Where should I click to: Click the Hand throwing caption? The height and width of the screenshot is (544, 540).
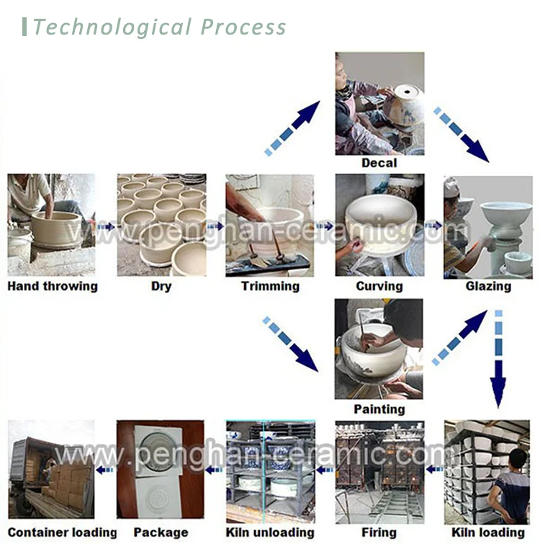[x=53, y=286]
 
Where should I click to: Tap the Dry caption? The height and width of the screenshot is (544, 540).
[x=161, y=286]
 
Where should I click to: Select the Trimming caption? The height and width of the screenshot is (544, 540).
[x=270, y=286]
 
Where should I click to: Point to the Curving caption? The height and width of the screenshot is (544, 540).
[x=379, y=286]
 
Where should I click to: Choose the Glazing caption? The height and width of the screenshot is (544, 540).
[x=487, y=286]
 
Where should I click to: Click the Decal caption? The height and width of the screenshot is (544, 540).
[x=379, y=163]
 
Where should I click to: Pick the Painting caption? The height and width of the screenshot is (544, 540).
[x=379, y=409]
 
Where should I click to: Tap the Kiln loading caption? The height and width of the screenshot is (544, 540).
[x=487, y=532]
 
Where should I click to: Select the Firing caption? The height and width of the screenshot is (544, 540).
[x=379, y=532]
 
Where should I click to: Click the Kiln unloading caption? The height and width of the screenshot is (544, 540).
[x=270, y=532]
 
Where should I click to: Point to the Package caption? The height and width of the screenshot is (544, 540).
[x=161, y=532]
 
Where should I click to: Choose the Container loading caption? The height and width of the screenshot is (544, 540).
[x=62, y=532]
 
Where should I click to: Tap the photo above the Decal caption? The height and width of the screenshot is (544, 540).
[x=379, y=103]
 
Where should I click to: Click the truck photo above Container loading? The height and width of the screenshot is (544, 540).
[x=52, y=469]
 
